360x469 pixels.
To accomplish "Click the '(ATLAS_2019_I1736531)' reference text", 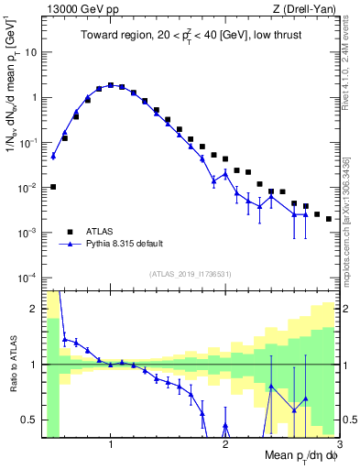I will [x=190, y=274].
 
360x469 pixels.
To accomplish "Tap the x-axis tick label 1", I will [x=111, y=444].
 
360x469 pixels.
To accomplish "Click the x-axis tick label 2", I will [x=225, y=444].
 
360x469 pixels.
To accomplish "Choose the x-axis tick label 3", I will [x=338, y=444].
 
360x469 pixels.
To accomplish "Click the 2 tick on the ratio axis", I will [x=34, y=309].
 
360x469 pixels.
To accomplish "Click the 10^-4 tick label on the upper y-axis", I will [x=27, y=278].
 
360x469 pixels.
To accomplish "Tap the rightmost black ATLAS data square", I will [x=329, y=219].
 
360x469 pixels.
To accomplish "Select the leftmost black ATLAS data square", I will [x=53, y=187].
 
